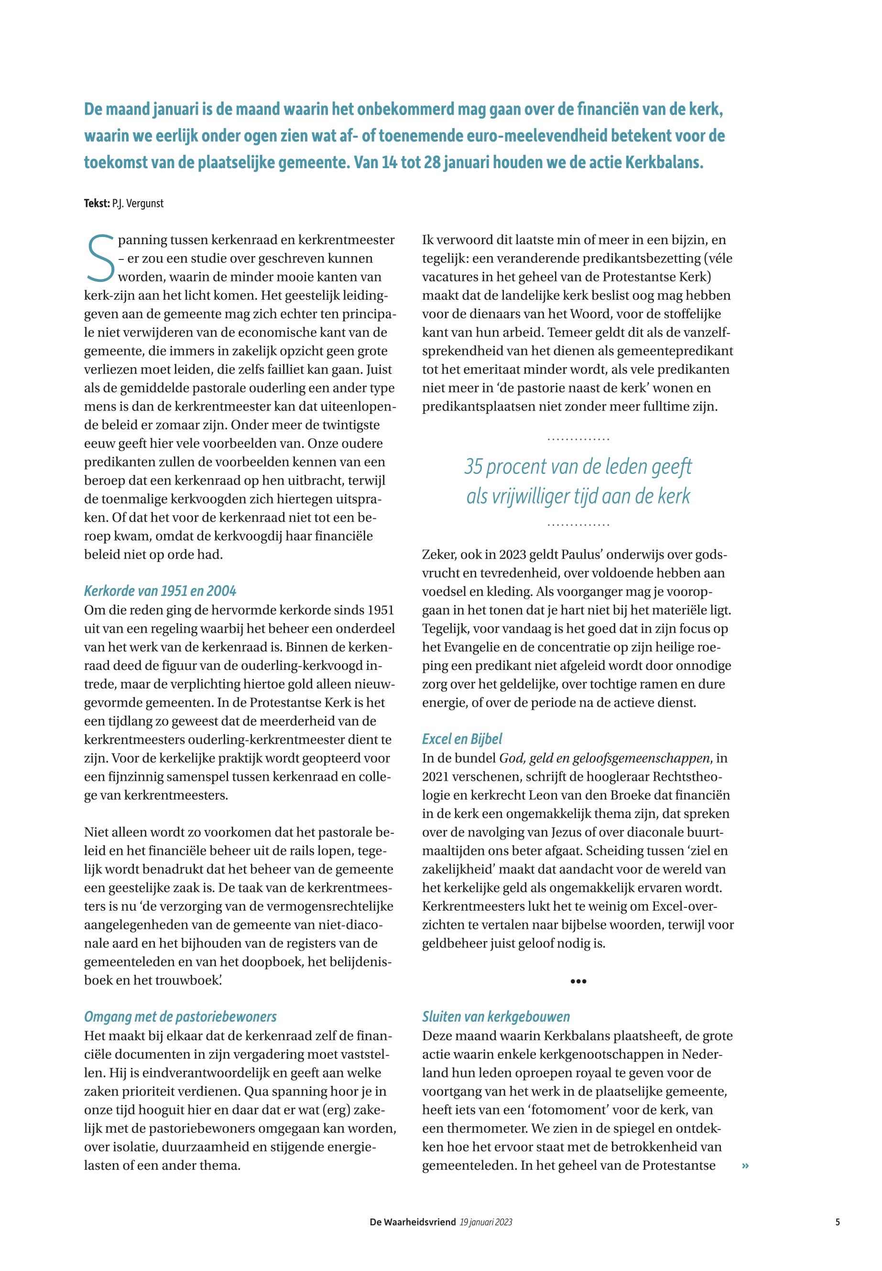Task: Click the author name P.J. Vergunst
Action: click(x=138, y=203)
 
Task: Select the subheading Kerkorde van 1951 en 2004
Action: click(x=160, y=591)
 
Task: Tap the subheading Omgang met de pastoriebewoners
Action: click(x=180, y=1017)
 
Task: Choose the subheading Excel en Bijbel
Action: click(x=462, y=739)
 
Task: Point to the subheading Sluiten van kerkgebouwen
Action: click(x=496, y=1017)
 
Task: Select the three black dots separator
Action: click(x=577, y=981)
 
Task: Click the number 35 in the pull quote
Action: click(x=474, y=467)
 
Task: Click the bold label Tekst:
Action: click(x=97, y=203)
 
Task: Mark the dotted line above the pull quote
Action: click(x=578, y=439)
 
